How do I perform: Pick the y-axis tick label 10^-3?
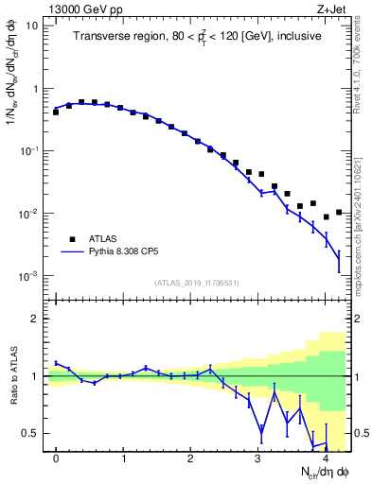tap(28, 276)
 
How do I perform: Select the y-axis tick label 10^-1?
tap(28, 151)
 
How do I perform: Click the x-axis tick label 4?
tap(325, 458)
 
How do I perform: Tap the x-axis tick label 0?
tap(57, 458)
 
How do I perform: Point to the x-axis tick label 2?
tap(191, 458)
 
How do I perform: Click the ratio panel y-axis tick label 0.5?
tap(30, 434)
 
